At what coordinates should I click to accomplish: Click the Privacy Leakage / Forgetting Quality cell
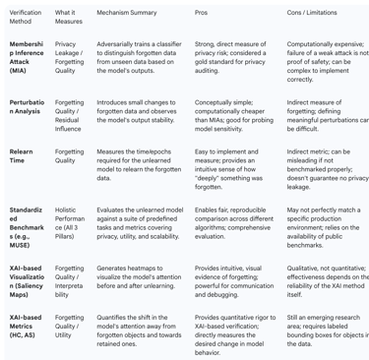coord(70,59)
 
